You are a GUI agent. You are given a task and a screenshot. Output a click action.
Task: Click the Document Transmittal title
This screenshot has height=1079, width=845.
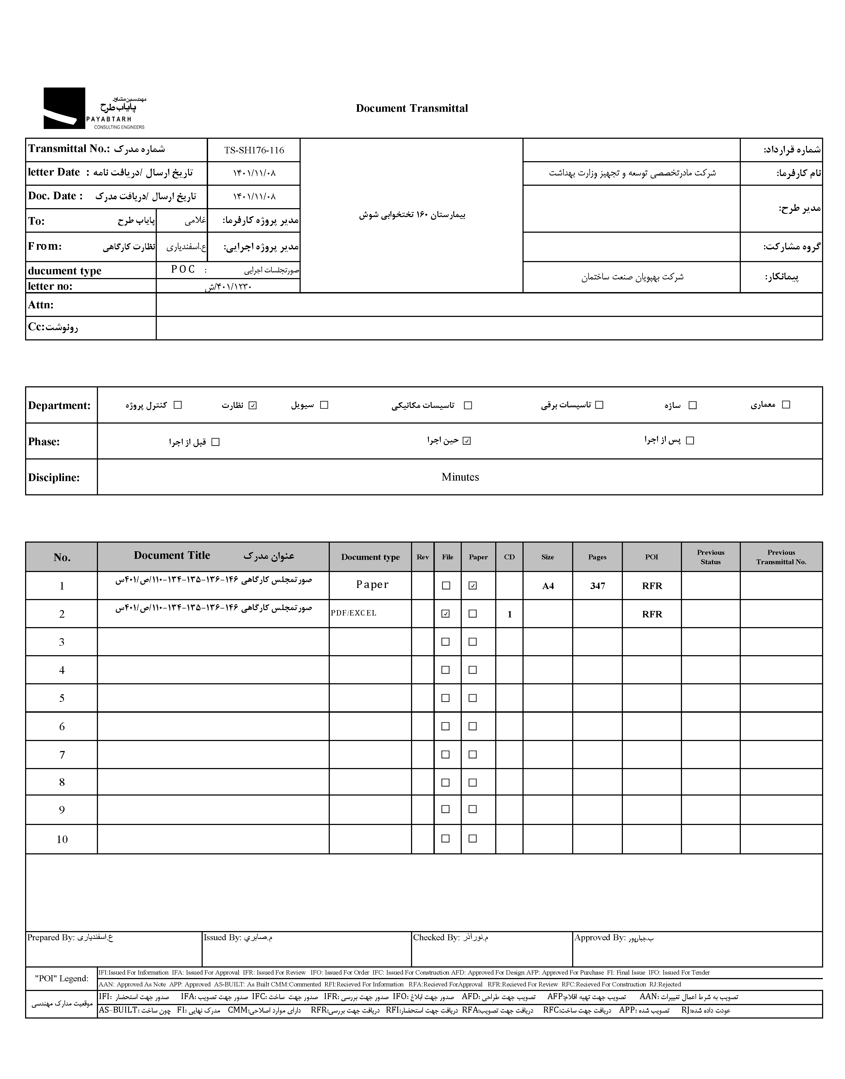412,108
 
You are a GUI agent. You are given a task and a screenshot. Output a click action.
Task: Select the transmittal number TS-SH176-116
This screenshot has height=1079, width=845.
254,150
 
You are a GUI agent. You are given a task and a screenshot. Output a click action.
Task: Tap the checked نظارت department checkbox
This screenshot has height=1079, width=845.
253,406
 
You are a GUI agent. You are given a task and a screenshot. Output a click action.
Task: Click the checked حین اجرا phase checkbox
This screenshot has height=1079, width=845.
467,441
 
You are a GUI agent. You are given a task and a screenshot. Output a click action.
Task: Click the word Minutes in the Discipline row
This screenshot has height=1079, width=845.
460,477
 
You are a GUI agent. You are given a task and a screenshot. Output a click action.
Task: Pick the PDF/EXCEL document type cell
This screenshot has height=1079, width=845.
354,613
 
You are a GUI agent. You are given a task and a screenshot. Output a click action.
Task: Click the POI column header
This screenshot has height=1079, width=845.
651,557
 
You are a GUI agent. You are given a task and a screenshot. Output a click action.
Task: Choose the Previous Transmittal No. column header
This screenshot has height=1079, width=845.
781,557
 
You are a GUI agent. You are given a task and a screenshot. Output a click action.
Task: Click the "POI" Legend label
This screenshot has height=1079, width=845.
62,979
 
